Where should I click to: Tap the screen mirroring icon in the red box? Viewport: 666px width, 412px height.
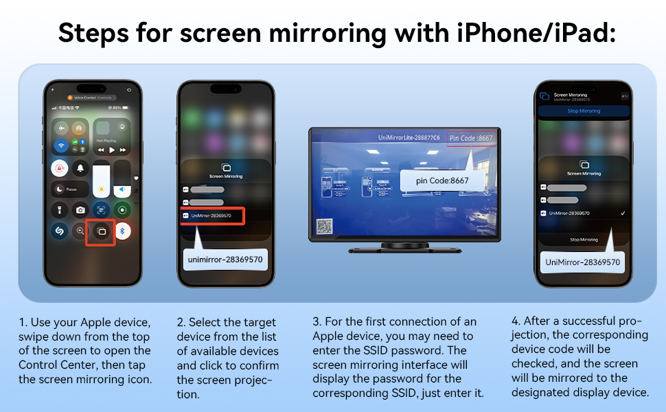pos(100,231)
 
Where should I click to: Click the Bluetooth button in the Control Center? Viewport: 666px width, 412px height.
pos(123,231)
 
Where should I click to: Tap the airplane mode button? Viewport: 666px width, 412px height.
pos(62,128)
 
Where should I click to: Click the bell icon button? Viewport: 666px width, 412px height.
pos(80,168)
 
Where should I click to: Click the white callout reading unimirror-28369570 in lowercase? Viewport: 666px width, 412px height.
pos(225,260)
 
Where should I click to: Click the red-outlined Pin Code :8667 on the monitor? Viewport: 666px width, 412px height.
pos(470,138)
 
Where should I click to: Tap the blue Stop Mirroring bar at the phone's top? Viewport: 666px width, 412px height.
pos(583,111)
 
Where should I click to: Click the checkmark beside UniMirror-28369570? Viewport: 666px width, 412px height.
pos(622,214)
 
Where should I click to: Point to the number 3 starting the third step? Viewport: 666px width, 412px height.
pos(316,322)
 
